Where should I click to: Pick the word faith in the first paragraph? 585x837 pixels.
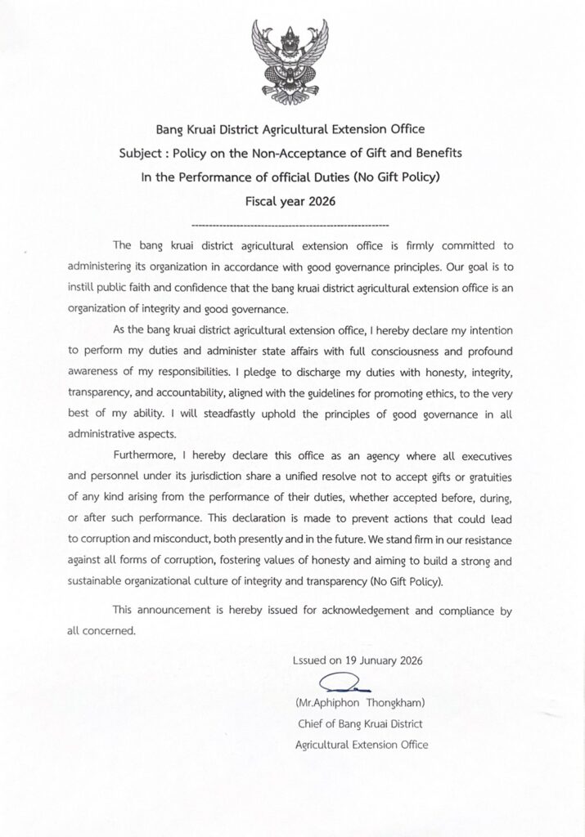[x=155, y=288]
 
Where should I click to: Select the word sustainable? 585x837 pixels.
[x=96, y=581]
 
